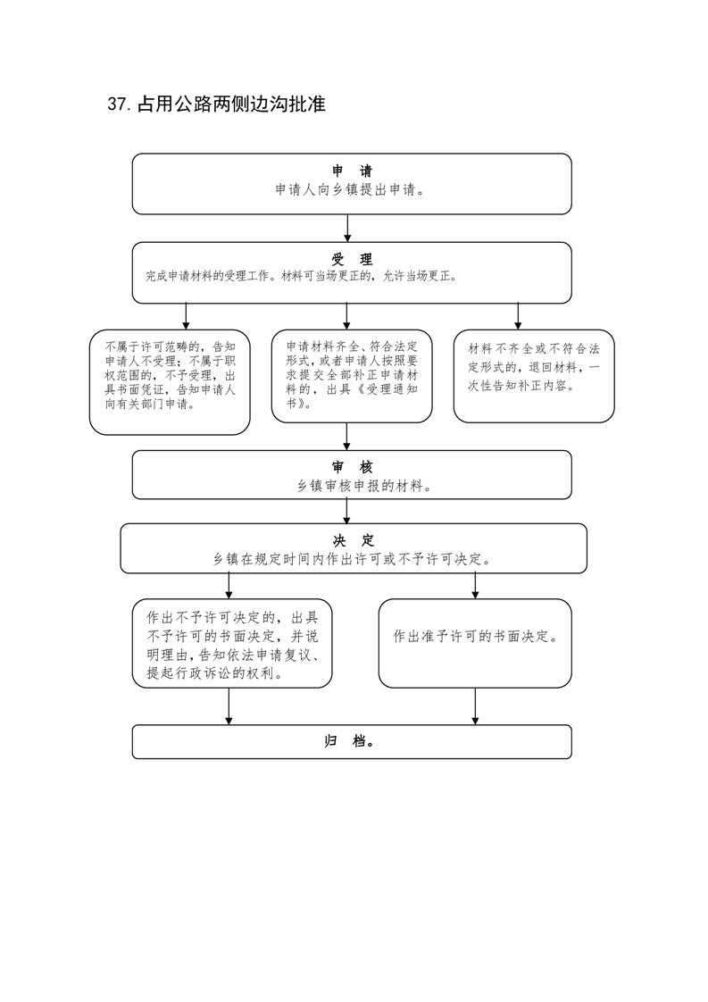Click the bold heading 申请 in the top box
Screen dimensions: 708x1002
pyautogui.click(x=352, y=171)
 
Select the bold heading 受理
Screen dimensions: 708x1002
pyautogui.click(x=352, y=260)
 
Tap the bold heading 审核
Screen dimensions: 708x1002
pyautogui.click(x=352, y=467)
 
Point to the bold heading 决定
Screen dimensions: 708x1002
pyautogui.click(x=354, y=540)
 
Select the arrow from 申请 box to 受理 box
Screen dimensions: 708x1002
pyautogui.click(x=347, y=228)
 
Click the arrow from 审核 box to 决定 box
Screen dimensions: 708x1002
pyautogui.click(x=347, y=511)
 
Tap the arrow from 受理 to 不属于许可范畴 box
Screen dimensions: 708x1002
pyautogui.click(x=186, y=316)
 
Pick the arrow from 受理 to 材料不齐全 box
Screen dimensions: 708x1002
pyautogui.click(x=518, y=316)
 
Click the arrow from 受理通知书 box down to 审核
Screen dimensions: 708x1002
pyautogui.click(x=347, y=437)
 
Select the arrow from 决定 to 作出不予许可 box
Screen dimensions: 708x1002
pyautogui.click(x=229, y=586)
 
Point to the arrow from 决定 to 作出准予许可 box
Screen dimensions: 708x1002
pyautogui.click(x=475, y=586)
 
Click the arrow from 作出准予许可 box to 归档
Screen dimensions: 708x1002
pyautogui.click(x=475, y=706)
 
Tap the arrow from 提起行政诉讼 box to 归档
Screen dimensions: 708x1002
pyautogui.click(x=229, y=706)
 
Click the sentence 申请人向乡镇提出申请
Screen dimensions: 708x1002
pyautogui.click(x=351, y=190)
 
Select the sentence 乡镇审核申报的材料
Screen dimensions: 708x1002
pyautogui.click(x=364, y=487)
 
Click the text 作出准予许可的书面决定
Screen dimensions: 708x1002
pyautogui.click(x=475, y=637)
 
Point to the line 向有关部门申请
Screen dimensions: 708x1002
pyautogui.click(x=149, y=404)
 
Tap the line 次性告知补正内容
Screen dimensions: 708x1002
pyautogui.click(x=521, y=386)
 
